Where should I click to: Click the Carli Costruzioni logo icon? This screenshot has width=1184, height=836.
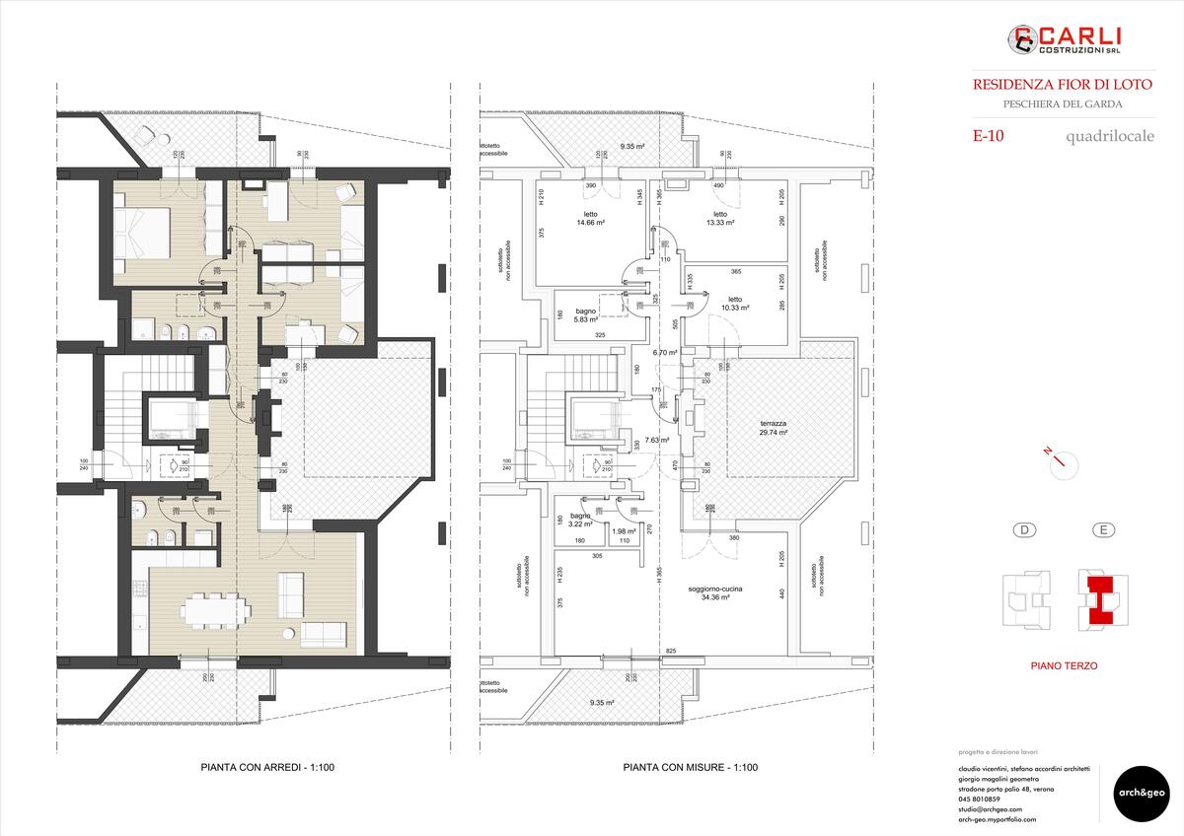(1020, 39)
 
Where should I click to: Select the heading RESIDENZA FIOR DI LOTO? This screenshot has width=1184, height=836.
(1048, 85)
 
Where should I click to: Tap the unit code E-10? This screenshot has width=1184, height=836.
(988, 137)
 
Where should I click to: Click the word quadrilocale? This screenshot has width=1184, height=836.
(1109, 137)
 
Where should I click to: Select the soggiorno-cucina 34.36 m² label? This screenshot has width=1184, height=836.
(715, 593)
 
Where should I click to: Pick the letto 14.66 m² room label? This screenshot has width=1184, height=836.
(590, 219)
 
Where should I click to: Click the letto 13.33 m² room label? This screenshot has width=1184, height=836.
(719, 219)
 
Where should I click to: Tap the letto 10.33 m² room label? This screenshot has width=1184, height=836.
(734, 304)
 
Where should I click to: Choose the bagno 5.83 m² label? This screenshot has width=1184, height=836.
(586, 315)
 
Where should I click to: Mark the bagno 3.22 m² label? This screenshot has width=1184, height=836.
(579, 521)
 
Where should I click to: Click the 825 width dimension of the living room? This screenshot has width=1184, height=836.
(671, 653)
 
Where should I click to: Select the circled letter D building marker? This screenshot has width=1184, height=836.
(1026, 530)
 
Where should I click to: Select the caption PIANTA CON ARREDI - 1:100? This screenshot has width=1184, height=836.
(258, 767)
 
